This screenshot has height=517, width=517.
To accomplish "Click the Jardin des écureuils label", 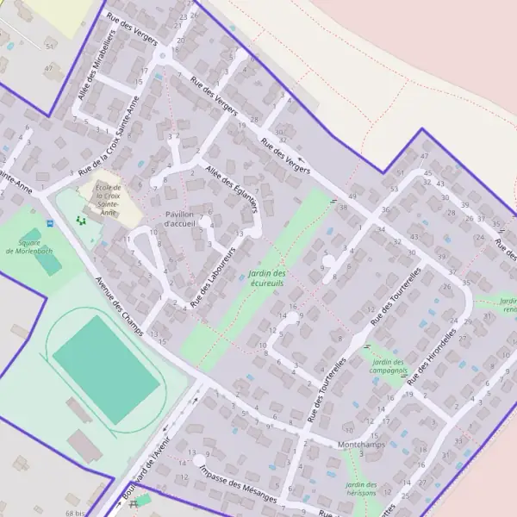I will pos(266,278).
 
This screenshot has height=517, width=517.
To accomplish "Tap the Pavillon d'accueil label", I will pos(180,219).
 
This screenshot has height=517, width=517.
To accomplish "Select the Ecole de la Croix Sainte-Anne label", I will pos(109,199).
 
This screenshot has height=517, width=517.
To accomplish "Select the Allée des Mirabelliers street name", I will pos(96,66).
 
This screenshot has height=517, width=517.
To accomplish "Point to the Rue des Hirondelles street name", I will pos(431,356).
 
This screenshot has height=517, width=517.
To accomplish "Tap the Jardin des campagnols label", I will pos(389,366).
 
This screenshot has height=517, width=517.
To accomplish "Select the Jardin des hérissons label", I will pos(361,489).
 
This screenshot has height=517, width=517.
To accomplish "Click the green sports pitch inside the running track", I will pos(106,369).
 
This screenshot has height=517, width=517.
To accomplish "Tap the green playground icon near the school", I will pos(82,221).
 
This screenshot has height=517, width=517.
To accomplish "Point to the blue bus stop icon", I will pos(50,222).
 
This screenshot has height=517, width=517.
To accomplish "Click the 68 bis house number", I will pos(75,513).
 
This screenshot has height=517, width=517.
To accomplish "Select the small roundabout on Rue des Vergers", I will pos(161,57).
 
